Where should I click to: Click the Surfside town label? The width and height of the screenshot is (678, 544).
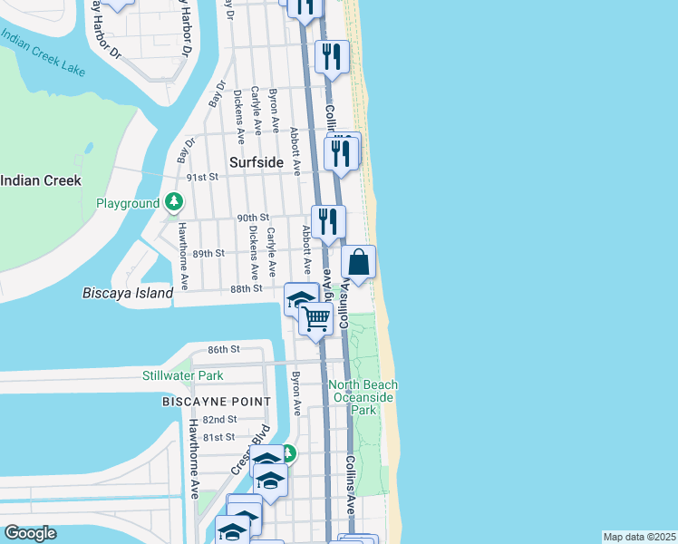coord(257,163)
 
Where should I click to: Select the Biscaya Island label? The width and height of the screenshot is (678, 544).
coord(127,294)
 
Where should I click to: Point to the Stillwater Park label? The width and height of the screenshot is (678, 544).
coord(182,375)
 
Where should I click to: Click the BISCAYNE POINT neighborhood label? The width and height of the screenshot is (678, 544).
coord(216,402)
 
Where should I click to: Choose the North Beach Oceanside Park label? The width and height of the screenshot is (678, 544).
coord(364,397)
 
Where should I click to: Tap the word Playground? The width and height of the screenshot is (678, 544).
coord(128,204)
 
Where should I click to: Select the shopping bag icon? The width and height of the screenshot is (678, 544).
coord(359,263)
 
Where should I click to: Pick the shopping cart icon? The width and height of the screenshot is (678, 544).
coord(315,318)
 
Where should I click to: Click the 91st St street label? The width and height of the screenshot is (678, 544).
coord(203,177)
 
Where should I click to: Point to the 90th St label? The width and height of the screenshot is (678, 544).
coord(253,218)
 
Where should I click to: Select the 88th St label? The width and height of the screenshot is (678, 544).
coord(246,288)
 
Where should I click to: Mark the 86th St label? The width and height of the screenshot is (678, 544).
coord(222,349)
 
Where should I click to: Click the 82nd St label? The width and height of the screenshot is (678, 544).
coord(219,420)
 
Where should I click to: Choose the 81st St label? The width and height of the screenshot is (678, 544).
coord(218,437)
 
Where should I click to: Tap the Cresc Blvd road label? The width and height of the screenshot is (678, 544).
coord(240,459)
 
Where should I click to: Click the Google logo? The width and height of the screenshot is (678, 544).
coord(30,533)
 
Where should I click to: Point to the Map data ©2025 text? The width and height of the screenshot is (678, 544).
coord(639,537)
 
